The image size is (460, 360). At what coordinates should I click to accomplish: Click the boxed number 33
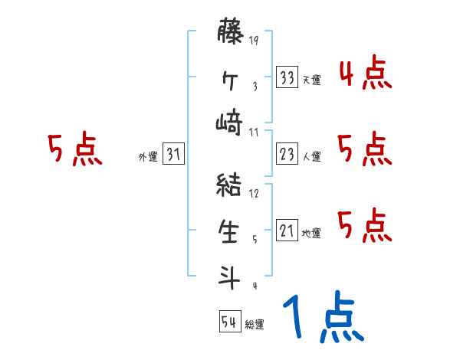(x=287, y=77)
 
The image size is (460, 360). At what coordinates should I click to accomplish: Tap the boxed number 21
(x=287, y=231)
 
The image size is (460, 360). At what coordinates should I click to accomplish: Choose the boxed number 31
(x=173, y=155)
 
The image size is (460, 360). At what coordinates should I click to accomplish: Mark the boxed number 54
(x=229, y=322)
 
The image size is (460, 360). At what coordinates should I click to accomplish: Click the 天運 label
(x=311, y=80)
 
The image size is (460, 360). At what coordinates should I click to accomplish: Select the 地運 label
(x=311, y=233)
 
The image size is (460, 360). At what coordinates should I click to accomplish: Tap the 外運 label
(x=148, y=157)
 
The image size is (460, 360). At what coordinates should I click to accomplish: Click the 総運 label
(x=255, y=325)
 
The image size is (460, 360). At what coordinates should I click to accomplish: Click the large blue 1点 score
(x=322, y=318)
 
